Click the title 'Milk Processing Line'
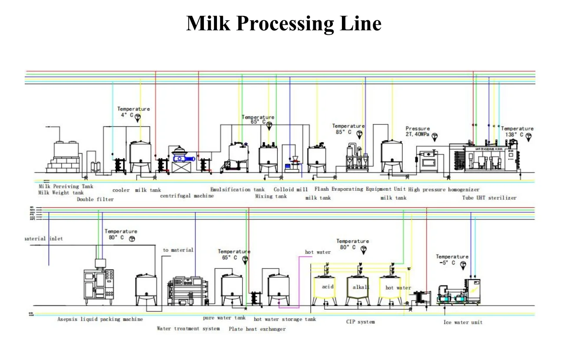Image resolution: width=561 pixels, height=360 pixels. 284,23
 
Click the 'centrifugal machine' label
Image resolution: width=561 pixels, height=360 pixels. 187,196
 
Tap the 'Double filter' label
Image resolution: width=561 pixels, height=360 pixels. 95,200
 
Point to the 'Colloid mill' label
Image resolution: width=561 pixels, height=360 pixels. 291,190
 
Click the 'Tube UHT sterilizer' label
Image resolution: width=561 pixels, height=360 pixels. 489,198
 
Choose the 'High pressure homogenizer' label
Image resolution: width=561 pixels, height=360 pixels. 444,190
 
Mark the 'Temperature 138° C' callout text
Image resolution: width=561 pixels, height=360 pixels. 516,131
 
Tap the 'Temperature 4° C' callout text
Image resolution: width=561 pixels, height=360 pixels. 133,112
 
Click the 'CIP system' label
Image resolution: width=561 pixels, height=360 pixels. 360,322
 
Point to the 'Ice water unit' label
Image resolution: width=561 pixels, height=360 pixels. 463,322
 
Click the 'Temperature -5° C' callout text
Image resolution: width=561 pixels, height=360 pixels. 452,259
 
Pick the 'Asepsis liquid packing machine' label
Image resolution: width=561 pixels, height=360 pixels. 100,319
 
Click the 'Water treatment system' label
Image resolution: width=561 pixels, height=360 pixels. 188,328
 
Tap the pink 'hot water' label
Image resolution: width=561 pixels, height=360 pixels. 318,252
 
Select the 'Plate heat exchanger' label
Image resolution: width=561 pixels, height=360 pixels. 257,329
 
